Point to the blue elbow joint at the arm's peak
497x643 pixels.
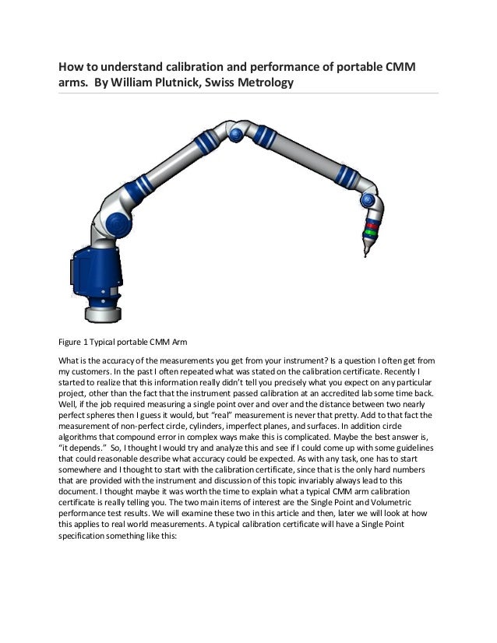[x=234, y=135]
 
